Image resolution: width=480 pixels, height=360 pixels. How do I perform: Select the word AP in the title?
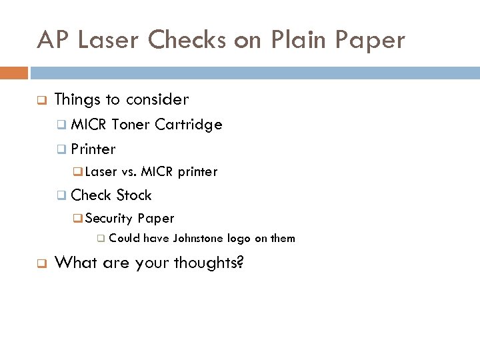(53, 41)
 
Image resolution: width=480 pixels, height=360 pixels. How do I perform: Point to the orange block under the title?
(14, 73)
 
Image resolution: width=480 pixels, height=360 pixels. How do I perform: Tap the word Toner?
(131, 125)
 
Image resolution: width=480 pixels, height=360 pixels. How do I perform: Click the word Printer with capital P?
(93, 149)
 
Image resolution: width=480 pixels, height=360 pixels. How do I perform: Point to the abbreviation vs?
(129, 172)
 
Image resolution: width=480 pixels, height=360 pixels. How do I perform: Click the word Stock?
(134, 195)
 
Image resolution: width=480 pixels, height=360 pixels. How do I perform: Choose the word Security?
(109, 219)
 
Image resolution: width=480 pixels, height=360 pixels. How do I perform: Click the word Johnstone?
(199, 239)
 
